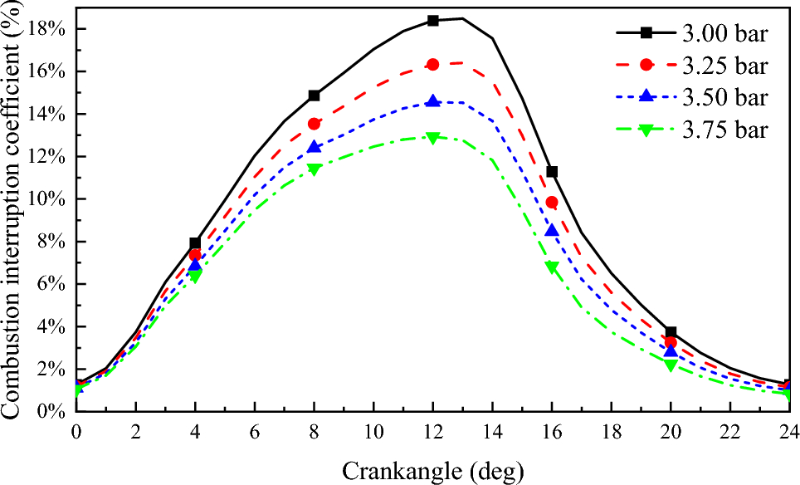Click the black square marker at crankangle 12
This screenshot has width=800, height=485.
[x=433, y=21]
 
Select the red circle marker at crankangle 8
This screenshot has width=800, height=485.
[x=315, y=124]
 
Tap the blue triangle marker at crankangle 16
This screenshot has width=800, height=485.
[x=552, y=230]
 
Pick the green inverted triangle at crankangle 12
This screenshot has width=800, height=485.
[x=433, y=138]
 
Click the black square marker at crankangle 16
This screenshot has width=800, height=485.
[x=552, y=172]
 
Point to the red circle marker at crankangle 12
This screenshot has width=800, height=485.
[x=433, y=64]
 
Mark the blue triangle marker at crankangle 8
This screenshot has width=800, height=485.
[x=315, y=147]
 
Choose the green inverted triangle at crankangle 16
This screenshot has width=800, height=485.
[x=552, y=267]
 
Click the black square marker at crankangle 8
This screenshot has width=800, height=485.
[x=315, y=96]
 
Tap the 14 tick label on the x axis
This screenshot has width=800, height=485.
[x=493, y=432]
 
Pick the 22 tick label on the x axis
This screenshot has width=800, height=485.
[x=730, y=432]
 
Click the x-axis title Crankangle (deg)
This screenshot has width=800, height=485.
[x=433, y=470]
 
